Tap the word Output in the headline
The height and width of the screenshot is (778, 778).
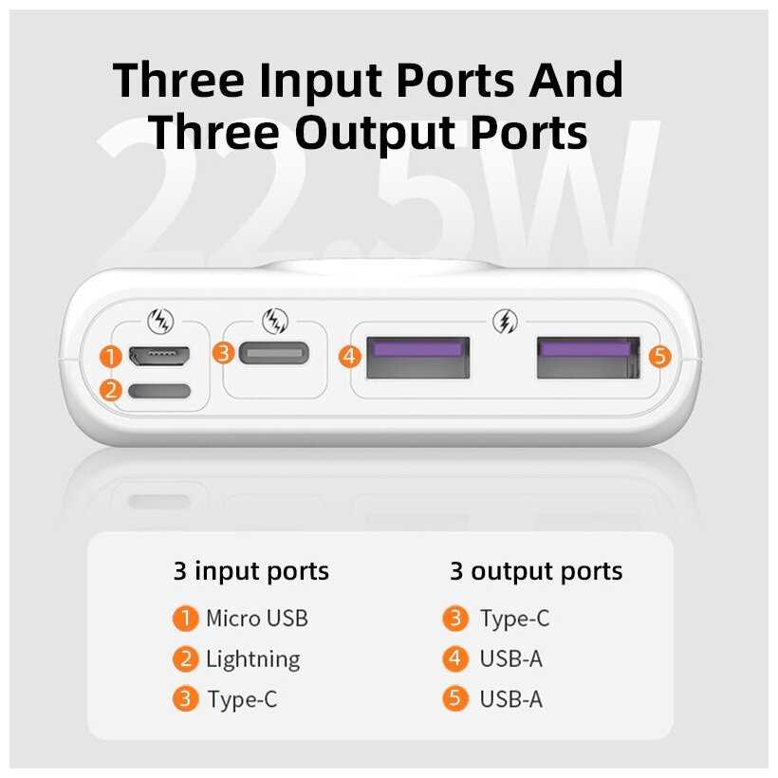point(376,133)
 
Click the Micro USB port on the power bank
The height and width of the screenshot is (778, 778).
point(159,356)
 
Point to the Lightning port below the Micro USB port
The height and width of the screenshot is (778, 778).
point(159,391)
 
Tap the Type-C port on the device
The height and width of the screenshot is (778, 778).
point(274,353)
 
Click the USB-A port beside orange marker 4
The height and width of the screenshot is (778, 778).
point(417,358)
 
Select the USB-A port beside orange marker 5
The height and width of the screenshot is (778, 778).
point(588,358)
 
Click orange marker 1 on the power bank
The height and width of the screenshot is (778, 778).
point(111,356)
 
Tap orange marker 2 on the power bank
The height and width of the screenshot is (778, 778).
point(111,390)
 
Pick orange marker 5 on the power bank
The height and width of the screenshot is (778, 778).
point(660,356)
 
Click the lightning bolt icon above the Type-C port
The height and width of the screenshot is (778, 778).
point(275,321)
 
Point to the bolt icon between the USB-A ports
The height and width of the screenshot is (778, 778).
point(505,322)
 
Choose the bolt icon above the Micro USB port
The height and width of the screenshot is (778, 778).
point(160,321)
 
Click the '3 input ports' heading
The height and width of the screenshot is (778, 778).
point(251,572)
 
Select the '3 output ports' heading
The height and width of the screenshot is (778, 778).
point(536,572)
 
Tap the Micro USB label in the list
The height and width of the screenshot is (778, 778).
point(257,619)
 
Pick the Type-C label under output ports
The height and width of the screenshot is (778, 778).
point(515,620)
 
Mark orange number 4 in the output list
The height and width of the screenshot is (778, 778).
point(455,658)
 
